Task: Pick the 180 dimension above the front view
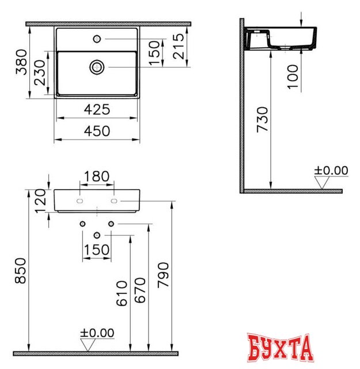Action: tap(96, 176)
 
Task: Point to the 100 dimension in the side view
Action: tap(293, 76)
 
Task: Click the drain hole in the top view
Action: tap(96, 67)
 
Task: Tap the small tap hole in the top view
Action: tap(96, 39)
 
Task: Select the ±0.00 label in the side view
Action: tap(331, 170)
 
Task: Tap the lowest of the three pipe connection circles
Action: tap(97, 235)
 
